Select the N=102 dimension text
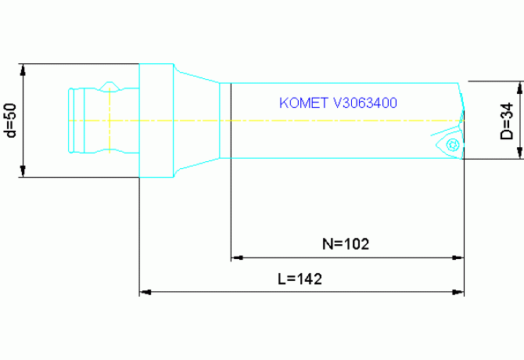346,243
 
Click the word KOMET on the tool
303,103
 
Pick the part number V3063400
367,103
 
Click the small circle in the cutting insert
452,144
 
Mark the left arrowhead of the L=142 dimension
145,293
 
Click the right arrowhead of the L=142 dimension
459,293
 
